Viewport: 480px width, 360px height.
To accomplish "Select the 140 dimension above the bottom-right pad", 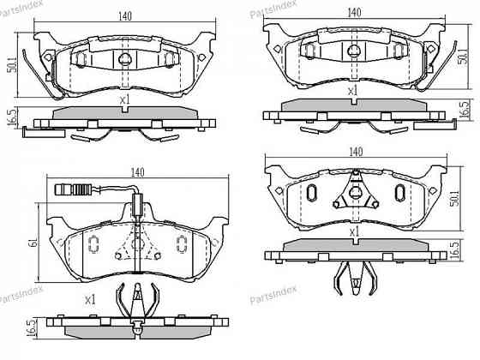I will tap(353, 152).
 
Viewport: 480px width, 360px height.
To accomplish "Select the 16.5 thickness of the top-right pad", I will tap(465, 111).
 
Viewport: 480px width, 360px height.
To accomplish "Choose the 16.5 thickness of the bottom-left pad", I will tap(32, 327).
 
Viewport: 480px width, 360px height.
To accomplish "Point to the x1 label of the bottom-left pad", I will tap(90, 300).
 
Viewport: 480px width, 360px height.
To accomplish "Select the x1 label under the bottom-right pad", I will tap(353, 232).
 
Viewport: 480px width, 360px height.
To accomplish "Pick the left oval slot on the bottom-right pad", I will tap(312, 194).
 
